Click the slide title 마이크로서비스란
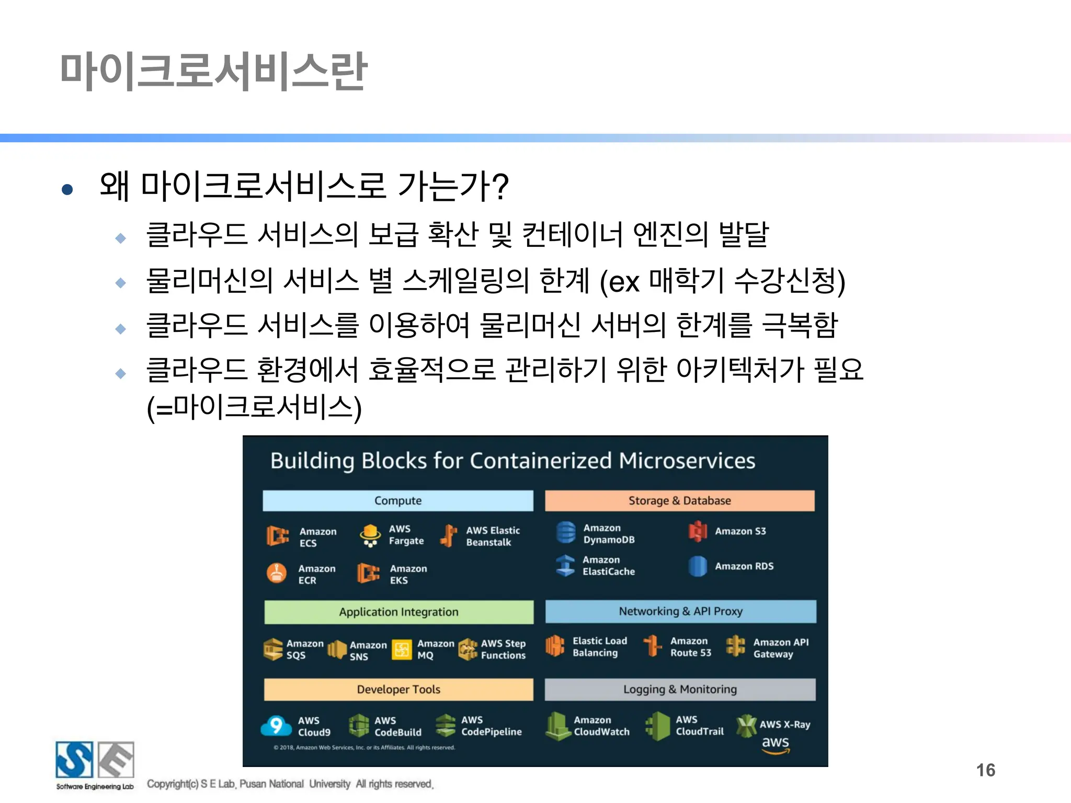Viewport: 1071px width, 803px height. pyautogui.click(x=213, y=72)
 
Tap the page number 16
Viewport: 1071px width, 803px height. pyautogui.click(x=985, y=770)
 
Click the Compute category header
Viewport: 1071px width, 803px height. pyautogui.click(x=398, y=500)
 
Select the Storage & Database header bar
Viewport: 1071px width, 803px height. pyautogui.click(x=679, y=500)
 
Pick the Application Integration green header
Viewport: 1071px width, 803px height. pyautogui.click(x=398, y=612)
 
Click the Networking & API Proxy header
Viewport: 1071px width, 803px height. pyautogui.click(x=680, y=611)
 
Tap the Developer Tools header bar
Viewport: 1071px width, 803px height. pyautogui.click(x=398, y=689)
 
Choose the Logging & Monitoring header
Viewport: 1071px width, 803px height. pyautogui.click(x=680, y=689)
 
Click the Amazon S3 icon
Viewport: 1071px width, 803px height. pyautogui.click(x=698, y=531)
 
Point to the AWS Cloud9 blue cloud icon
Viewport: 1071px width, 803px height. pyautogui.click(x=276, y=726)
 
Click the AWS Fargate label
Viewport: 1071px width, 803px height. pyautogui.click(x=406, y=535)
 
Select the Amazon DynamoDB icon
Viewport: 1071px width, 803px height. pyautogui.click(x=566, y=533)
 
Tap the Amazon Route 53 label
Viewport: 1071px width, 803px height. pyautogui.click(x=690, y=647)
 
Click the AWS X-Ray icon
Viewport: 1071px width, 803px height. pyautogui.click(x=746, y=725)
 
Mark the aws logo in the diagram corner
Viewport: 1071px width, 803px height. pyautogui.click(x=775, y=745)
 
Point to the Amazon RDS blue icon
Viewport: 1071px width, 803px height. pyautogui.click(x=698, y=566)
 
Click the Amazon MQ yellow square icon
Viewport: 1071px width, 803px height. pyautogui.click(x=402, y=650)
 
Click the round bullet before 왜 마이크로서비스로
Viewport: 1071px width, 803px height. pyautogui.click(x=67, y=189)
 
